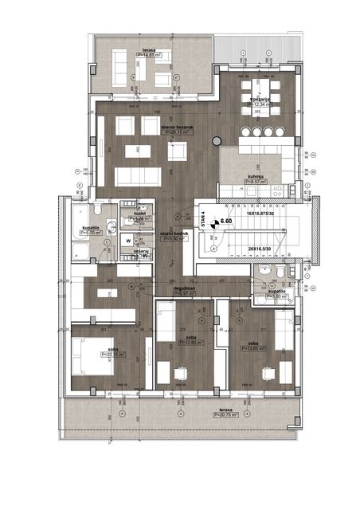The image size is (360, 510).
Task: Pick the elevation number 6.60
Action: pyautogui.click(x=225, y=221)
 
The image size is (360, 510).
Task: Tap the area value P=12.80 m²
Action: pyautogui.click(x=190, y=342)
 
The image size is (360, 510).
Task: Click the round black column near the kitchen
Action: pyautogui.click(x=215, y=141)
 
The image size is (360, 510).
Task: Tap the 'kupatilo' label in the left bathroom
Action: pyautogui.click(x=90, y=227)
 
